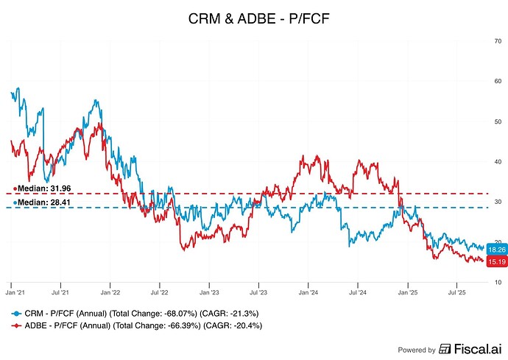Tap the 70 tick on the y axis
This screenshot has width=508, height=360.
click(498, 41)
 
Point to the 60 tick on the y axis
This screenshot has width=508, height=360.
click(498, 81)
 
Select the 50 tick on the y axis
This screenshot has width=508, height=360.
click(498, 121)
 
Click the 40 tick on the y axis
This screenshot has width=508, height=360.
click(498, 162)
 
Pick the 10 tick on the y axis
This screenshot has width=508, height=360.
click(498, 283)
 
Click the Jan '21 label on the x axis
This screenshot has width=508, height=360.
click(13, 292)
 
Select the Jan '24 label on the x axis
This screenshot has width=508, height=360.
click(308, 292)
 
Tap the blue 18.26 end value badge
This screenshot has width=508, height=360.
click(496, 250)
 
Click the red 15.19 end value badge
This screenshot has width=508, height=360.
click(496, 261)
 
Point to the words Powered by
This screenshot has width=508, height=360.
click(416, 350)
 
